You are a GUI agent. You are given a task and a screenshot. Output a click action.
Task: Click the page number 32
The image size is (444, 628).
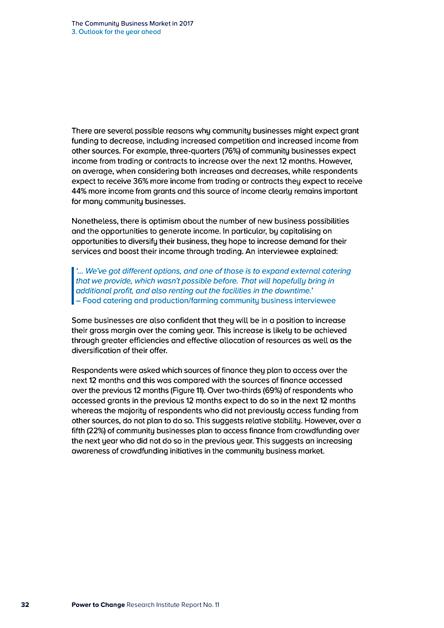coord(25,604)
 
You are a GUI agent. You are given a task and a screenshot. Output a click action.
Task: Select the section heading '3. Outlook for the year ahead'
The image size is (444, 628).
coord(116,32)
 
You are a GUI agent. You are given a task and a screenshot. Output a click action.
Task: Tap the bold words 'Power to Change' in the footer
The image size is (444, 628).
coord(98,604)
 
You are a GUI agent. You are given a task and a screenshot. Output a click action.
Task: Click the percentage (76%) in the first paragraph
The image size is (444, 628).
coord(244,151)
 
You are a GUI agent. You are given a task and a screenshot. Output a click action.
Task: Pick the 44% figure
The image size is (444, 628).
coord(81,191)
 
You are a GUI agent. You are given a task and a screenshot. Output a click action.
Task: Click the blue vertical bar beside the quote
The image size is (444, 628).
coord(73,286)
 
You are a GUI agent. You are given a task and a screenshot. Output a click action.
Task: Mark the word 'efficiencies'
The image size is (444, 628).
coord(154,341)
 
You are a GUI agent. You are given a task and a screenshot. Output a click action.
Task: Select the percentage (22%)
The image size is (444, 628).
coord(94,431)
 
